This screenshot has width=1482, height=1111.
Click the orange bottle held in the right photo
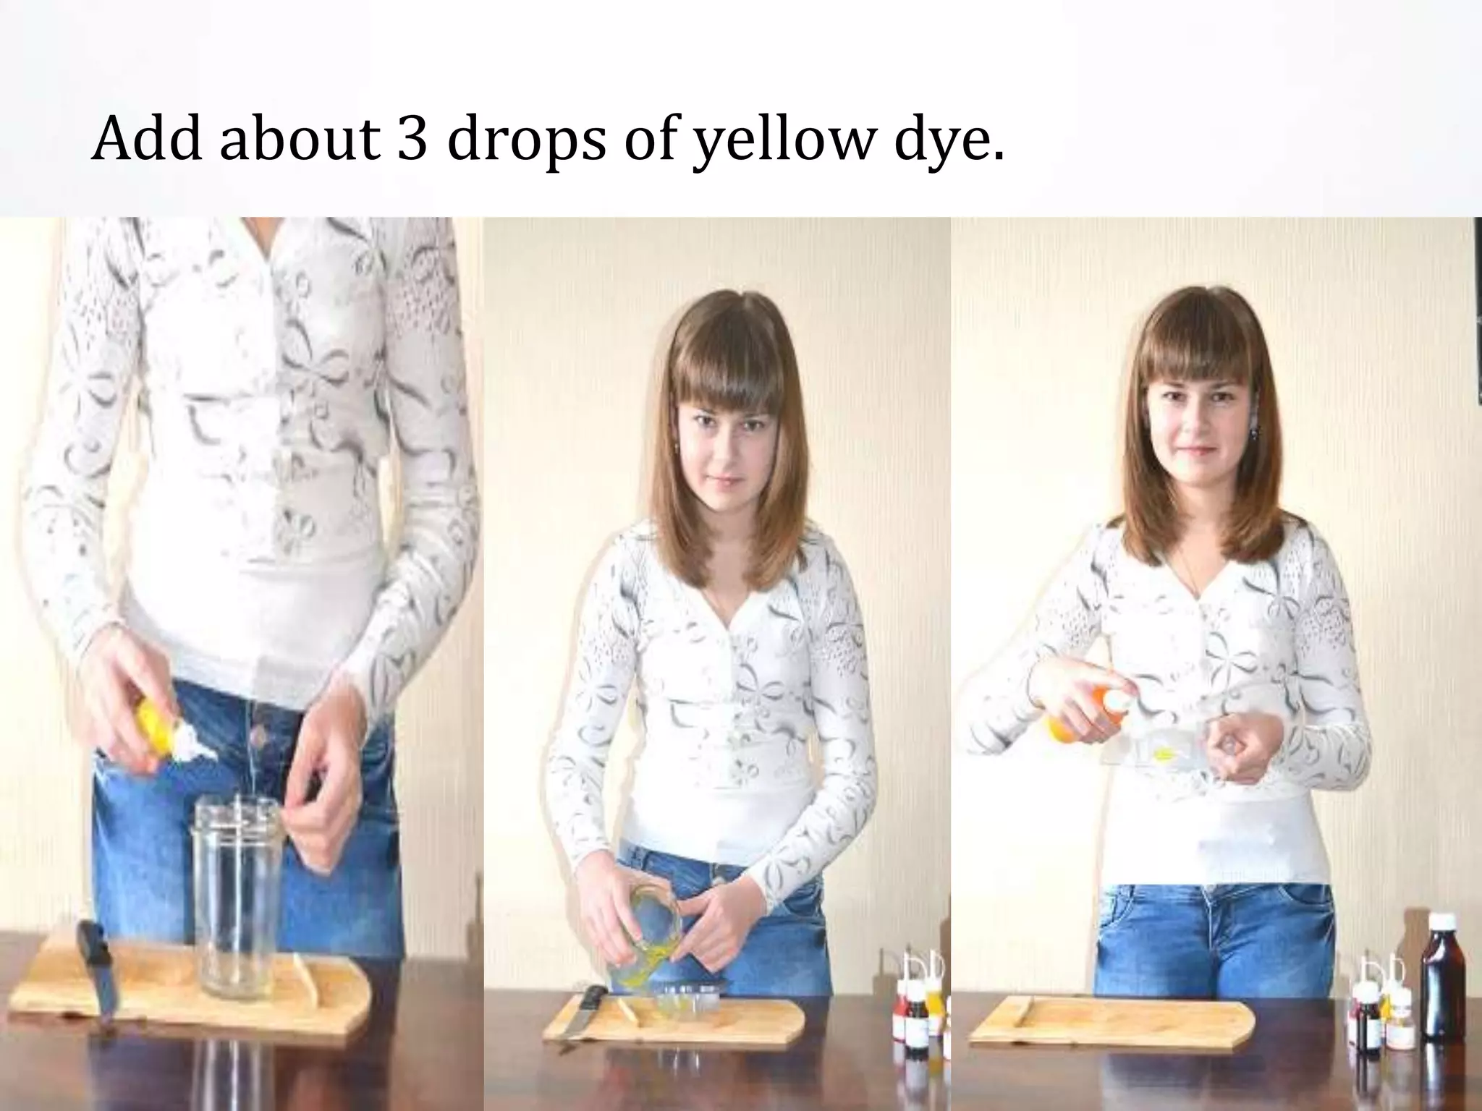[x=1071, y=716]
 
